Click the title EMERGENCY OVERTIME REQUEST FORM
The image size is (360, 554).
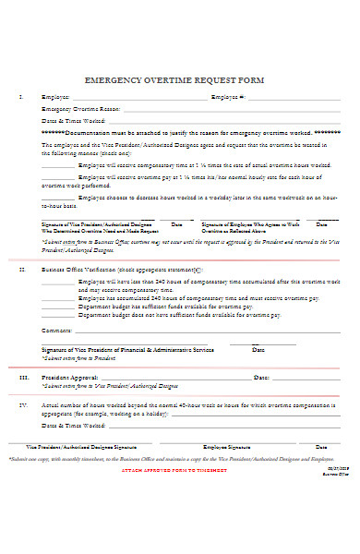(x=174, y=80)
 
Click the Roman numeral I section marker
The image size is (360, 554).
(x=21, y=96)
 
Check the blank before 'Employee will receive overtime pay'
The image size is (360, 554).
(x=58, y=175)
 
